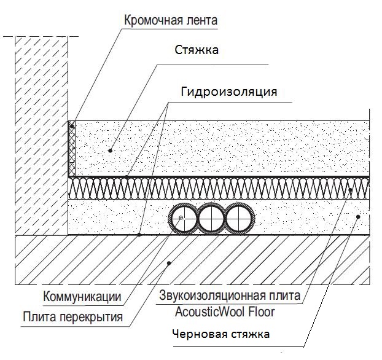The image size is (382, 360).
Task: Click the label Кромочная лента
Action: click(x=171, y=20)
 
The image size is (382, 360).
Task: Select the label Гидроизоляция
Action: click(x=229, y=92)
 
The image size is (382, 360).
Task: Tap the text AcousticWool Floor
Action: click(x=225, y=311)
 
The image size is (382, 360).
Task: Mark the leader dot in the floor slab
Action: click(x=170, y=262)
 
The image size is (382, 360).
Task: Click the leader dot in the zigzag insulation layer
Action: click(x=351, y=190)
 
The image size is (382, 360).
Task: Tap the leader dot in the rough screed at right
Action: click(x=358, y=216)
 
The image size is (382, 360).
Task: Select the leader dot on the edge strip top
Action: click(x=72, y=126)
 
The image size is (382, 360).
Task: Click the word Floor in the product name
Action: click(x=260, y=311)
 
